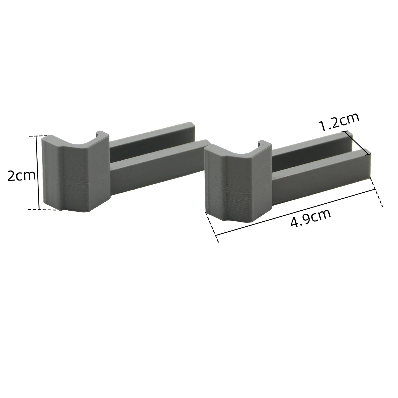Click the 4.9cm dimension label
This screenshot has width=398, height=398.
click(311, 218)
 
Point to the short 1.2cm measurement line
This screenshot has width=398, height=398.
click(358, 141)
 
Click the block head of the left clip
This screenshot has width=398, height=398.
click(75, 177)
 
